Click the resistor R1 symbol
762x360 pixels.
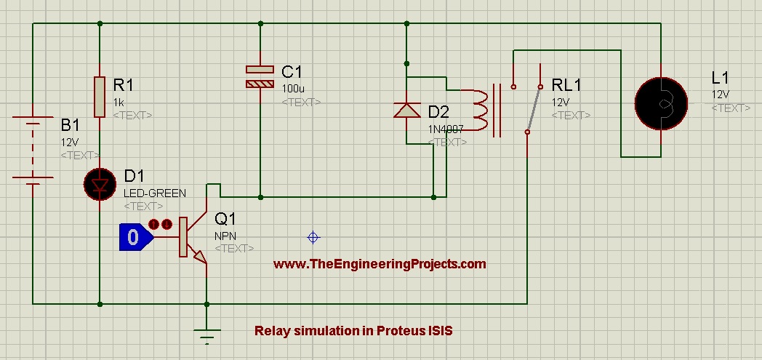click(x=100, y=97)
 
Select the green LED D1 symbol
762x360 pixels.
click(x=100, y=184)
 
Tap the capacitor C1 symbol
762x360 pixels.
click(x=260, y=77)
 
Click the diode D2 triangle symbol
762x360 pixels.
click(x=406, y=111)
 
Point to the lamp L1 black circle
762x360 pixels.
click(x=661, y=103)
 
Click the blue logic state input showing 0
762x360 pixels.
click(x=136, y=237)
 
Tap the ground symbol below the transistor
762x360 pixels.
click(x=206, y=336)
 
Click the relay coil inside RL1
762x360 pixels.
click(x=479, y=111)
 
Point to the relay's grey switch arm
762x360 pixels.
click(x=533, y=109)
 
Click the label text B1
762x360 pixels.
click(x=70, y=125)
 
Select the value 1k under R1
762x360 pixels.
click(x=119, y=103)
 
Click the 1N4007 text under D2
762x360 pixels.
click(x=446, y=129)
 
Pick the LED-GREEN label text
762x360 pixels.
click(x=155, y=193)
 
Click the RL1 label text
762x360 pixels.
click(x=566, y=86)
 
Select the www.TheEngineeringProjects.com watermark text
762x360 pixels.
click(x=380, y=264)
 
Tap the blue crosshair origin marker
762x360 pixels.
click(x=313, y=237)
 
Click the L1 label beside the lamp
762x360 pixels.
click(x=721, y=77)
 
